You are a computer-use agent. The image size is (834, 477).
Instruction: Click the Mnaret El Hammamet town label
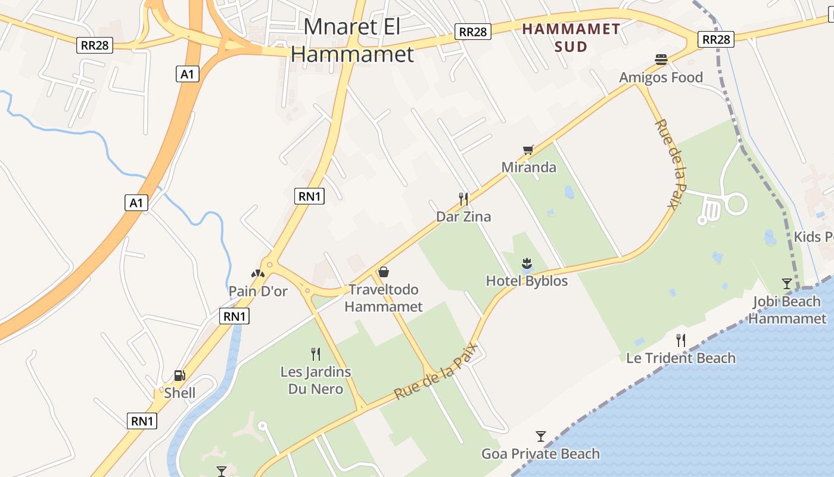point(352,41)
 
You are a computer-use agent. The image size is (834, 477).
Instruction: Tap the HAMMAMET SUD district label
point(571,38)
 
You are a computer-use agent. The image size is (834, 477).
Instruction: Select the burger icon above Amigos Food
point(661,60)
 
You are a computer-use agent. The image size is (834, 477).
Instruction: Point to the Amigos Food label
point(661,78)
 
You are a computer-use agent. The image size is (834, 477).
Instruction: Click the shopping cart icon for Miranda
point(528,150)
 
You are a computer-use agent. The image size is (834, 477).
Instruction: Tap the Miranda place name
point(529,168)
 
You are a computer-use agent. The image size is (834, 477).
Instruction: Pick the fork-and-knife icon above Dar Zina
point(463,199)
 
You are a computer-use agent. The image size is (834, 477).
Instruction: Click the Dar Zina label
point(463,216)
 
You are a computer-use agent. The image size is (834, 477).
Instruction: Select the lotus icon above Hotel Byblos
point(527,263)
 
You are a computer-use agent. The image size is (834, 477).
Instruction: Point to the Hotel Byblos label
point(527,281)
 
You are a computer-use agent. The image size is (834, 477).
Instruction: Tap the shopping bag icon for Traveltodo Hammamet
point(384,272)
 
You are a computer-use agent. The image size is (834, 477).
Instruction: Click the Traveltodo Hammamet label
point(384,298)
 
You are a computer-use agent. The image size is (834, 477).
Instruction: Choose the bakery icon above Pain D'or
point(258,274)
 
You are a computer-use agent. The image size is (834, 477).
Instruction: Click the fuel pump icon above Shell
point(179,375)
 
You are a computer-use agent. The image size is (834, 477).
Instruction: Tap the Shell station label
point(180,393)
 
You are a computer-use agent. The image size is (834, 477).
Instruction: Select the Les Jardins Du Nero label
point(316,380)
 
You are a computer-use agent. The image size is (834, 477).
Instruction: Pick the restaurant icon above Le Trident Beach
point(680,340)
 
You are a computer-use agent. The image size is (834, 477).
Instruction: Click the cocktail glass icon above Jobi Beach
point(787,284)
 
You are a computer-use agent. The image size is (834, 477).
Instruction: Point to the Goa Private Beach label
point(540,454)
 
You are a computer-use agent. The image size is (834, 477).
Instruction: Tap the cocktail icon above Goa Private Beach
point(540,436)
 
